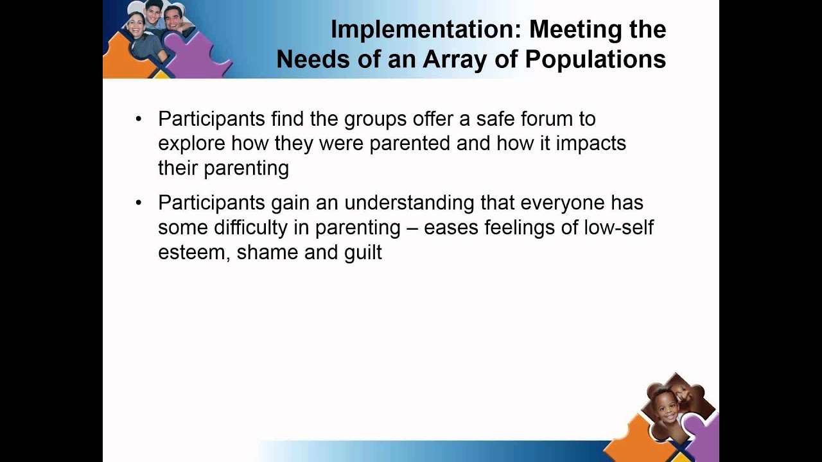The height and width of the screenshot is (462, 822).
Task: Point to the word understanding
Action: click(x=410, y=203)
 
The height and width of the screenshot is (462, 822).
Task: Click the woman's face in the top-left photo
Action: click(x=136, y=26)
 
